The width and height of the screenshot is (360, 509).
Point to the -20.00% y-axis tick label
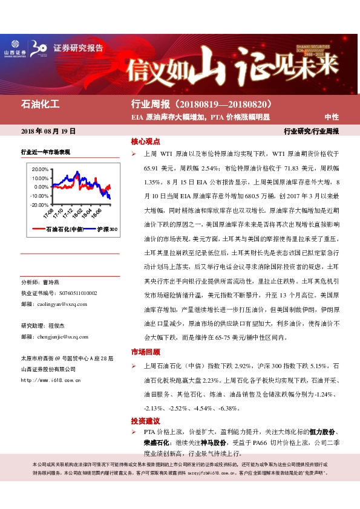coord(38,205)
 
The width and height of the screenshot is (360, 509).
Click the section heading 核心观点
coord(145,141)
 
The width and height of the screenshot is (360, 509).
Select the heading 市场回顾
coord(145,352)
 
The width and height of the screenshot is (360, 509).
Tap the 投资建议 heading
coord(145,420)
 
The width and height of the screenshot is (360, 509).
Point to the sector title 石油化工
coord(41,104)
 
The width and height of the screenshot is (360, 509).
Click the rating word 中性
coord(332,117)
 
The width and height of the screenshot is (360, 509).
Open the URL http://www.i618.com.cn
coord(51,381)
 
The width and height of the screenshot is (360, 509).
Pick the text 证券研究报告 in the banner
coord(79,48)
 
